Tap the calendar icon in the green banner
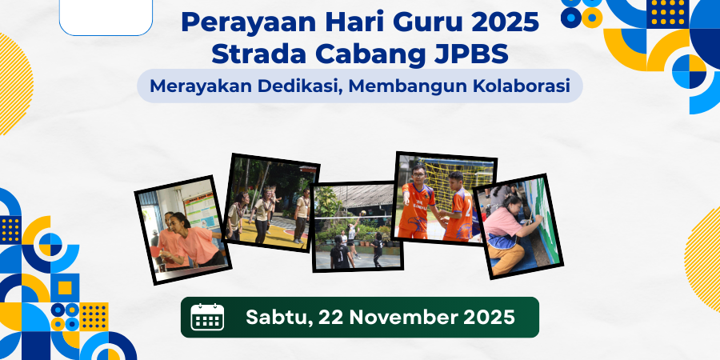[x=207, y=317]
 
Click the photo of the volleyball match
[x=357, y=229]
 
